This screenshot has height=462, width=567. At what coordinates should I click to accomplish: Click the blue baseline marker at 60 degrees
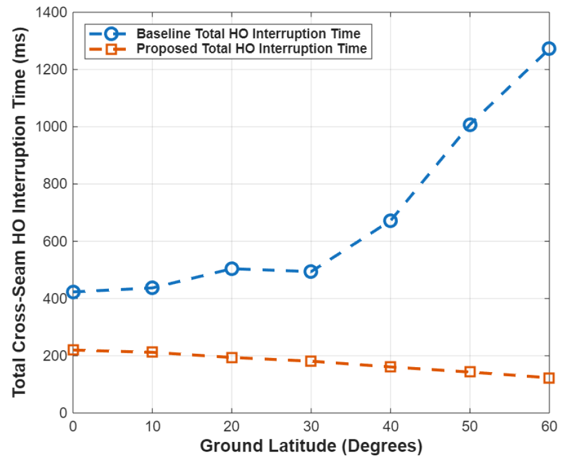pyautogui.click(x=549, y=49)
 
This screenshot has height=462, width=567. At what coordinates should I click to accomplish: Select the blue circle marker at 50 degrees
pyautogui.click(x=470, y=125)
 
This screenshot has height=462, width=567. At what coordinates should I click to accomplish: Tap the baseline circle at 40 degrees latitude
pyautogui.click(x=391, y=220)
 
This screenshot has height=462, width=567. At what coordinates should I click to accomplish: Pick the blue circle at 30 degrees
pyautogui.click(x=311, y=272)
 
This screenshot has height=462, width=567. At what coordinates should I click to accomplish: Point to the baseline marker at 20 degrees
pyautogui.click(x=232, y=269)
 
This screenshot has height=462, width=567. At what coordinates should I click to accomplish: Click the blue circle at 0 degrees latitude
pyautogui.click(x=74, y=292)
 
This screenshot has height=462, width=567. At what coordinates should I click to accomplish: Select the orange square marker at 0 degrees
pyautogui.click(x=74, y=350)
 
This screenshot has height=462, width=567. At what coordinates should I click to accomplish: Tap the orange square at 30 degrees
pyautogui.click(x=311, y=361)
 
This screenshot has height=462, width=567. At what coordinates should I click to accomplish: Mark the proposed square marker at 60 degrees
pyautogui.click(x=549, y=378)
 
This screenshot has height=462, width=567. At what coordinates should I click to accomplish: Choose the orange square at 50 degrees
pyautogui.click(x=470, y=371)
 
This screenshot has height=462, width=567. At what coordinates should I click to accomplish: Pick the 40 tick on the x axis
pyautogui.click(x=391, y=426)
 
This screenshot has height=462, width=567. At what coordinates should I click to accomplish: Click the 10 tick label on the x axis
pyautogui.click(x=153, y=426)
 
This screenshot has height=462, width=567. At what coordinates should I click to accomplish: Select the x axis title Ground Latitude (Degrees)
pyautogui.click(x=311, y=447)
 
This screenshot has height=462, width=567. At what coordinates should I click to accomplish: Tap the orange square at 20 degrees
pyautogui.click(x=232, y=357)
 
